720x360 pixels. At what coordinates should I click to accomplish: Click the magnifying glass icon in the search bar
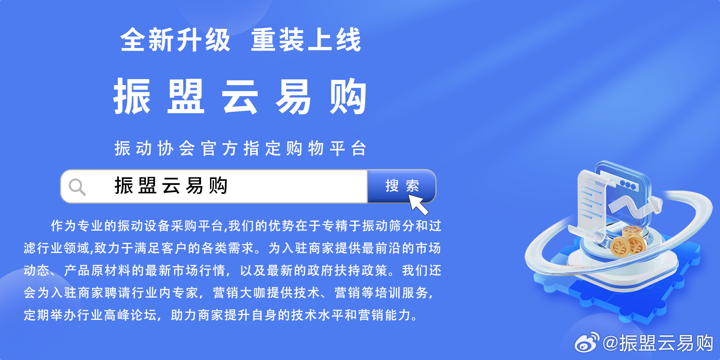77,187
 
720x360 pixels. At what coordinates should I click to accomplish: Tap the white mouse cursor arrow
418,205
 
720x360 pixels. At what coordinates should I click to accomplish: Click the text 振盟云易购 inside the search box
171,186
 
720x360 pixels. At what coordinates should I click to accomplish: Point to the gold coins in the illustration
628,242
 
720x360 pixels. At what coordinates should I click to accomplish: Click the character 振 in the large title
132,97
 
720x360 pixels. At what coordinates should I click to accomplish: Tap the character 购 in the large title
348,97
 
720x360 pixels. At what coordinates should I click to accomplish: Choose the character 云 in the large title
240,97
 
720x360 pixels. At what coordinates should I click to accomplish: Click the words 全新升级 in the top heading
175,40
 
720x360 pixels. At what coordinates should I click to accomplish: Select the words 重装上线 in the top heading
306,40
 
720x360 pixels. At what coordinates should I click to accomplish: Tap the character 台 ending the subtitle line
359,148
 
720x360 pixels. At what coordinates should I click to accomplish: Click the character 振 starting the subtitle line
122,148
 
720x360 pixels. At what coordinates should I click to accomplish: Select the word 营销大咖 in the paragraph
240,292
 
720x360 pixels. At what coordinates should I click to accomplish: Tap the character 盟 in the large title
186,97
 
